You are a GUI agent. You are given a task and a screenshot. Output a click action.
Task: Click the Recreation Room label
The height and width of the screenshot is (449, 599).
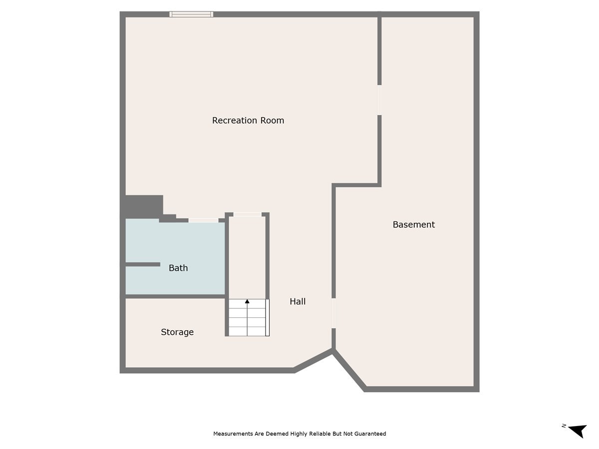(248, 120)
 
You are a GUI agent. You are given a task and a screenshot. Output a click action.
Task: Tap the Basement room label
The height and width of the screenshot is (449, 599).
(413, 224)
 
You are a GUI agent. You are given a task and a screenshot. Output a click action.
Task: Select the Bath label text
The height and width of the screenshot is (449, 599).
(178, 268)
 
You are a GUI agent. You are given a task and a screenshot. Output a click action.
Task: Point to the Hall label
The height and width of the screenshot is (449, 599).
(298, 301)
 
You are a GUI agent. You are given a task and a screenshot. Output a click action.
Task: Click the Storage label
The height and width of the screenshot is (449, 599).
(177, 332)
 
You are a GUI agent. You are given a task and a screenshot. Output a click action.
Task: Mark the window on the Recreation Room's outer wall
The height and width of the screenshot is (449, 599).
(191, 14)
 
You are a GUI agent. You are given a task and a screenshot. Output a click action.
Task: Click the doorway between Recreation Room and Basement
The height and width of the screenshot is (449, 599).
(379, 100)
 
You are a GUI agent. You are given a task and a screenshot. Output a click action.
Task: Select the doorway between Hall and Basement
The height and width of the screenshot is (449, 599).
(333, 313)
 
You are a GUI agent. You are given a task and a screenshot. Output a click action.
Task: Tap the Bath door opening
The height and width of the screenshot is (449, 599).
(203, 220)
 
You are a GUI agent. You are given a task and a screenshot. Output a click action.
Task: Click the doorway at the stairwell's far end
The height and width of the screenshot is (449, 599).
(248, 215)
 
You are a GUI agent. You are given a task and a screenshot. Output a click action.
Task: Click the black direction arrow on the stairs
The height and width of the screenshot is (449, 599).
(247, 301)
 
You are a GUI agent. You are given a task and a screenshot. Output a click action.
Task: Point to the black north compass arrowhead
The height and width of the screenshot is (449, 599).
(579, 431)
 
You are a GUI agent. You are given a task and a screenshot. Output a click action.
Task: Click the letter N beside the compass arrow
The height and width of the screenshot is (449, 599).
(564, 426)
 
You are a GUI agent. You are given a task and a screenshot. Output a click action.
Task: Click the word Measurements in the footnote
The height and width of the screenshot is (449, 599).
(232, 434)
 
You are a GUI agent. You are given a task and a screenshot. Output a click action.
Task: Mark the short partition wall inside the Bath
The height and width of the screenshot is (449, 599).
(143, 264)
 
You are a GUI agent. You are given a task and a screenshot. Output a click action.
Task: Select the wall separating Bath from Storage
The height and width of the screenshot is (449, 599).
(175, 296)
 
